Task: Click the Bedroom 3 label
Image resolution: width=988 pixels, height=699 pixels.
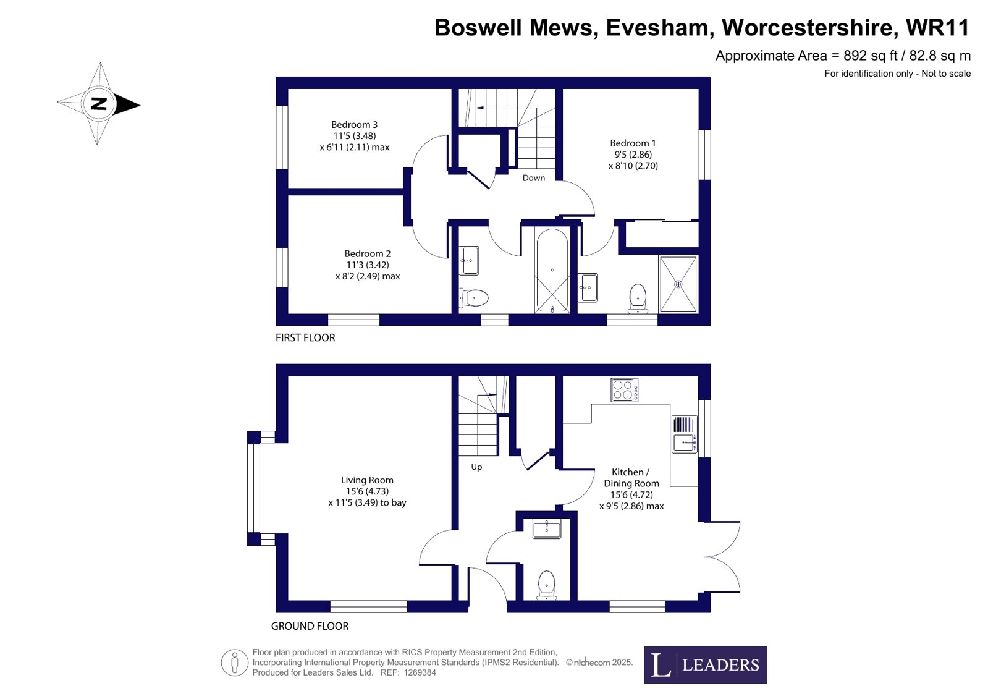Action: tap(354, 125)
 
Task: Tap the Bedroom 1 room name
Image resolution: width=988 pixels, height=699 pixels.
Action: tap(633, 143)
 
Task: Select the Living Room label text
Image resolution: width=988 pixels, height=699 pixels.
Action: tap(367, 480)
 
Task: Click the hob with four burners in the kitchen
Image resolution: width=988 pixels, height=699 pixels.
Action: tap(624, 390)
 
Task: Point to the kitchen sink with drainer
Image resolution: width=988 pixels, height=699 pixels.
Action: tap(684, 434)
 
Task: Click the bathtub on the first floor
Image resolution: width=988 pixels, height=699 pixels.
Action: tap(552, 271)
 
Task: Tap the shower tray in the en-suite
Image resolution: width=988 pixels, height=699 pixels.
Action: tap(678, 284)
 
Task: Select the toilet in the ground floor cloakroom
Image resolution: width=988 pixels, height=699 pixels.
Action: tap(546, 585)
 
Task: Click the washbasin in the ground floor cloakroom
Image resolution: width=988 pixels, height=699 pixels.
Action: tap(546, 529)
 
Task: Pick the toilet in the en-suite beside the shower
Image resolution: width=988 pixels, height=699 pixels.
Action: tap(638, 299)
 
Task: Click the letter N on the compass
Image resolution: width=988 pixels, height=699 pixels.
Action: tap(99, 104)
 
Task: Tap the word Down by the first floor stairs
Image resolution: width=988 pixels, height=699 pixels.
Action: tap(534, 178)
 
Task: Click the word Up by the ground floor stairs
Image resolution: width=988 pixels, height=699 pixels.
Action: tap(476, 467)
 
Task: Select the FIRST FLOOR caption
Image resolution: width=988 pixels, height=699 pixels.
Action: tap(305, 337)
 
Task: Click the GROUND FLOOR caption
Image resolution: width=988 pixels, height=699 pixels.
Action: tap(310, 625)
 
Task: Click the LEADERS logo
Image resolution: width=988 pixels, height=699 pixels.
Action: tap(705, 664)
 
